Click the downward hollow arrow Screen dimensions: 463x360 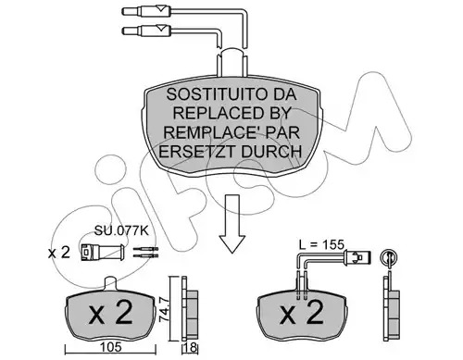231,224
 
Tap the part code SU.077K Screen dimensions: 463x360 121,230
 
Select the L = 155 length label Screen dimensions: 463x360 321,244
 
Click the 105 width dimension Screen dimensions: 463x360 111,347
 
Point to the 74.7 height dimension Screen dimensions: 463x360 164,309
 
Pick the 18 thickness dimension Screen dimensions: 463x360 191,348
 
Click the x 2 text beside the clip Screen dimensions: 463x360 59,254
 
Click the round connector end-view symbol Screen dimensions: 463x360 388,257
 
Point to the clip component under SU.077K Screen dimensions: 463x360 103,253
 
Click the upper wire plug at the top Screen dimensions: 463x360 146,11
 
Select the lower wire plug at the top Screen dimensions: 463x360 146,31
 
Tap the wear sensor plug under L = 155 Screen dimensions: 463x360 357,257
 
